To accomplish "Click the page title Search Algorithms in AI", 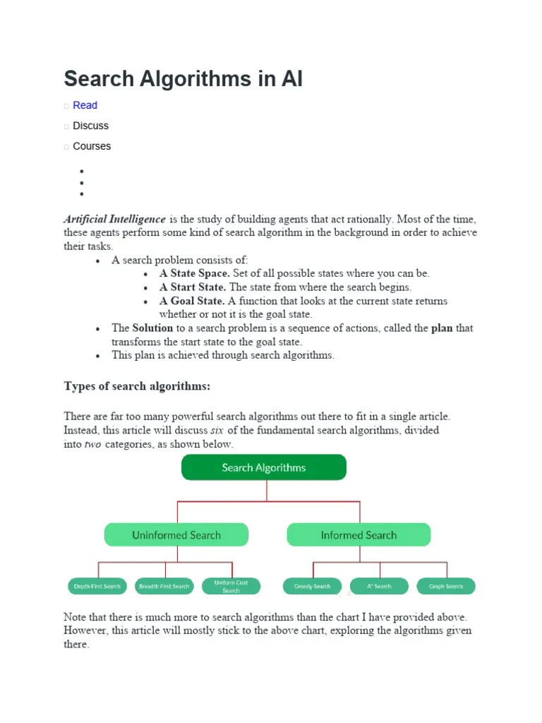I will pos(183,78).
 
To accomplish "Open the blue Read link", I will pos(85,105).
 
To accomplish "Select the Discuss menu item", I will pos(90,126).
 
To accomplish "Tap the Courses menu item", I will pos(92,146).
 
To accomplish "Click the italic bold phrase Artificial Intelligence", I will pos(115,219).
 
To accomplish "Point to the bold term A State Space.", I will pos(194,273).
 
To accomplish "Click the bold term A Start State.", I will pos(192,287).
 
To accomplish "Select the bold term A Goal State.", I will pos(192,301).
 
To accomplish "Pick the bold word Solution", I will pos(152,328).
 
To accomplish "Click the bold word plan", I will pos(442,328).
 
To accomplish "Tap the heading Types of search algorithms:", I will pos(137,386).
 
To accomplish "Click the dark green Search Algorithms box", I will pos(264,467).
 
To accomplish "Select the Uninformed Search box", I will pos(176,535).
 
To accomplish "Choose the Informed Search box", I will pos(359,535).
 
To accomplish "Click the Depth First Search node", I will pos(97,586).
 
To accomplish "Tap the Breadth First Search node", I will pos(164,586).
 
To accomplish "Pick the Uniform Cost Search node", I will pos(231,586).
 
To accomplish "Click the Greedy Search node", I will pos(313,586).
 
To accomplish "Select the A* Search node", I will pos(379,586).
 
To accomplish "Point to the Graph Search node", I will pos(446,586).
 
